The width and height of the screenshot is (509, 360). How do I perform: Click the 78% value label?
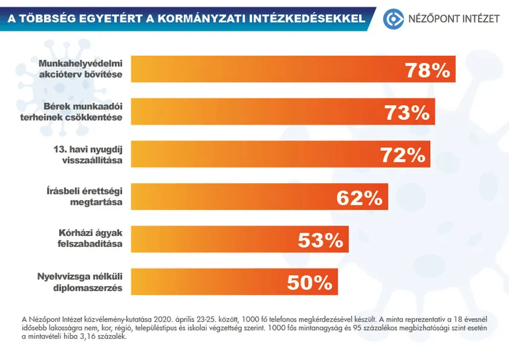[x=427, y=70]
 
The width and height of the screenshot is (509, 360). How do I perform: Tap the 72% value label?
[x=403, y=155]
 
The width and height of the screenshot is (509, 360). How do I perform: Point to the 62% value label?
[x=360, y=197]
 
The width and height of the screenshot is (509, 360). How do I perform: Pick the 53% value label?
[x=320, y=240]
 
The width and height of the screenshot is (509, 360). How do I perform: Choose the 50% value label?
[x=310, y=282]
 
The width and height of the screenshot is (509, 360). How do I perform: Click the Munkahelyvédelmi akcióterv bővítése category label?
[x=80, y=69]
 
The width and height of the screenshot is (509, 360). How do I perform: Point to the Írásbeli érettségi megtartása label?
[x=87, y=197]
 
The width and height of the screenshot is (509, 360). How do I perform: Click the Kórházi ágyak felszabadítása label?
[x=88, y=239]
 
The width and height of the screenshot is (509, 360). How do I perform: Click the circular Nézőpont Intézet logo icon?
[x=394, y=19]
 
